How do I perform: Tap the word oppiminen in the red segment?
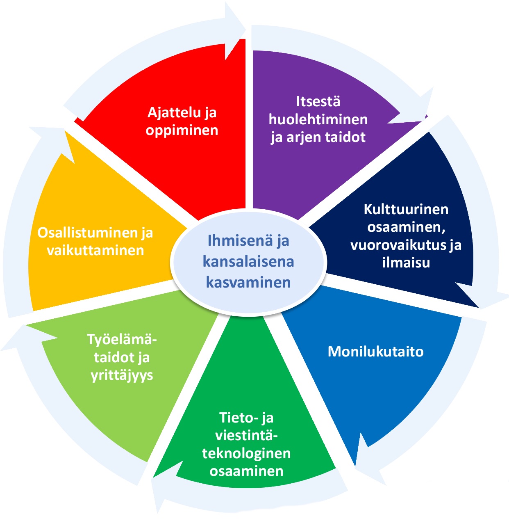click(x=182, y=130)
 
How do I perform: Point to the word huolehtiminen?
click(x=318, y=119)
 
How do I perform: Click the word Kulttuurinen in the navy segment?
click(x=406, y=210)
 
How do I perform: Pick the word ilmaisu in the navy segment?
click(x=406, y=263)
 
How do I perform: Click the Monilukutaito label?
click(x=375, y=352)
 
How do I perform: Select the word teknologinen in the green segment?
click(x=246, y=453)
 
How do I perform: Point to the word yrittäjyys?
click(x=122, y=375)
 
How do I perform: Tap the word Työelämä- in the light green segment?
click(x=122, y=340)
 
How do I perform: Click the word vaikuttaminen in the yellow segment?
click(x=95, y=251)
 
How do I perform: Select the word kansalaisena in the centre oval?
click(x=248, y=262)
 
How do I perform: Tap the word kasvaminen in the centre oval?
click(x=248, y=282)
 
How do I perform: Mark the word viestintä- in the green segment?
click(x=246, y=436)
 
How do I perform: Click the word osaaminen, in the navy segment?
click(x=406, y=227)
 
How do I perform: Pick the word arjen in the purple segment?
click(x=302, y=137)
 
